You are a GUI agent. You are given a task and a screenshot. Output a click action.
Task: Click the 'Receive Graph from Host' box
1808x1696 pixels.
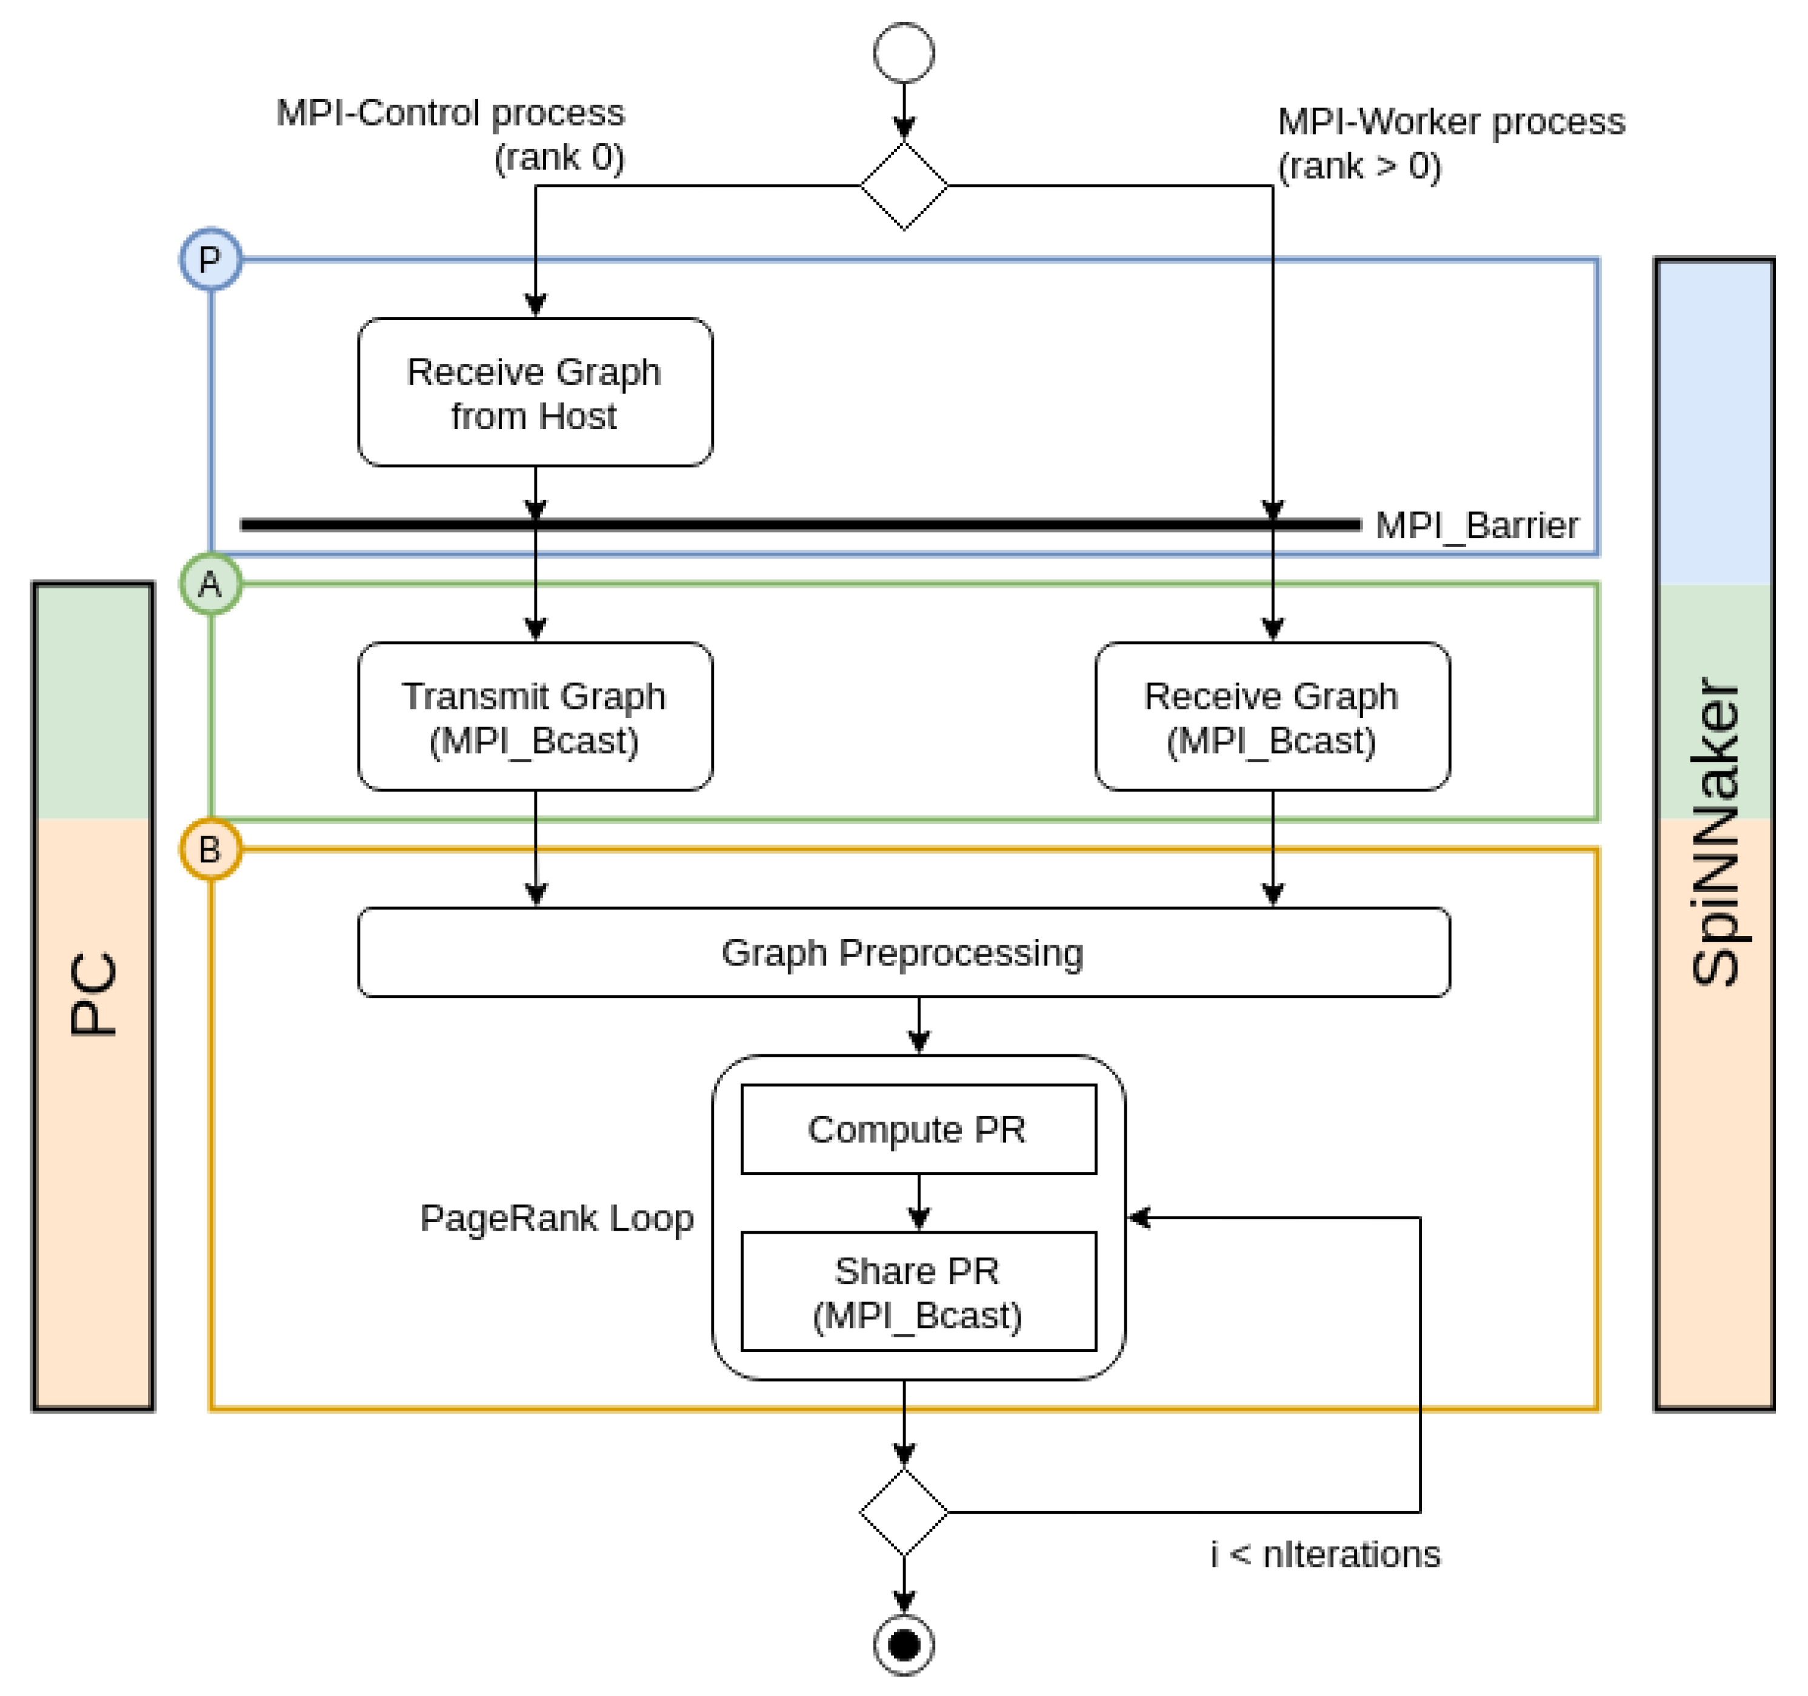pyautogui.click(x=535, y=392)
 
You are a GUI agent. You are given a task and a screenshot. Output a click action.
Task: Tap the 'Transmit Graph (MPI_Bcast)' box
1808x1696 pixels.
pyautogui.click(x=535, y=717)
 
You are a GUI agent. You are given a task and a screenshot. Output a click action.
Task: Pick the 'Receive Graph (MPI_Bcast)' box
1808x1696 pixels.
pyautogui.click(x=1272, y=717)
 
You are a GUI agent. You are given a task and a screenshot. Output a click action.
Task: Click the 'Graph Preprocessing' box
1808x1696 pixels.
pyautogui.click(x=903, y=952)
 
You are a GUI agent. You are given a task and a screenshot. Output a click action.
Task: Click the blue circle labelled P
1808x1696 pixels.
pyautogui.click(x=210, y=259)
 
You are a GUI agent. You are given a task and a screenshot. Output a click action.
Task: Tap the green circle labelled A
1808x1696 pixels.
pyautogui.click(x=210, y=584)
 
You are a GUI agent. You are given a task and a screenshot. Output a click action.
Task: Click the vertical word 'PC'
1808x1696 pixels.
pyautogui.click(x=93, y=994)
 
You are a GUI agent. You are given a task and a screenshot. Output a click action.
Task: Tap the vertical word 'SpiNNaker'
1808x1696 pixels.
pyautogui.click(x=1714, y=832)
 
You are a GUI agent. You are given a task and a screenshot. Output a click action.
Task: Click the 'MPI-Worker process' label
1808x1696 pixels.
pyautogui.click(x=1450, y=122)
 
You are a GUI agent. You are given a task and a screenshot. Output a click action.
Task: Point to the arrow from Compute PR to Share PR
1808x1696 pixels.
pyautogui.click(x=919, y=1202)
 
